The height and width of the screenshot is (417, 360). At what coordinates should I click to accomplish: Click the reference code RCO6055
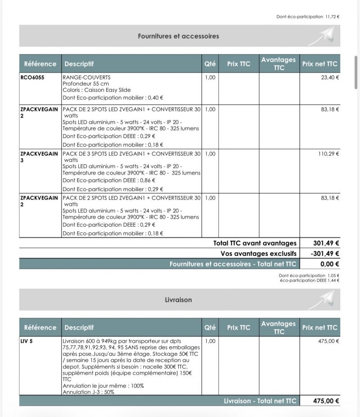pyautogui.click(x=32, y=77)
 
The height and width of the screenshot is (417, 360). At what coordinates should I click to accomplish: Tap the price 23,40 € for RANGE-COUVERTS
pyautogui.click(x=330, y=77)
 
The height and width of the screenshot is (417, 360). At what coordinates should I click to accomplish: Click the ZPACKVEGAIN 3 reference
pyautogui.click(x=39, y=157)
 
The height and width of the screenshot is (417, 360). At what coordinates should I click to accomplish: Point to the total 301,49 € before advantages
pyautogui.click(x=326, y=243)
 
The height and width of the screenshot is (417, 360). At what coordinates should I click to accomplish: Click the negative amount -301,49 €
pyautogui.click(x=325, y=254)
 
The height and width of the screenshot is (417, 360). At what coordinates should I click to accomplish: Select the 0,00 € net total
pyautogui.click(x=329, y=264)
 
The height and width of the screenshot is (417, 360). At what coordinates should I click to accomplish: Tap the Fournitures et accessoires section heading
pyautogui.click(x=178, y=36)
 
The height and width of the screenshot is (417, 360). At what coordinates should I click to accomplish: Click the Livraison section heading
pyautogui.click(x=178, y=300)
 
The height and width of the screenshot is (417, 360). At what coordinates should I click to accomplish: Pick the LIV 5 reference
pyautogui.click(x=27, y=341)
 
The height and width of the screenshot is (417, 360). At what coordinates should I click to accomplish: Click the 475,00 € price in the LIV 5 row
pyautogui.click(x=328, y=341)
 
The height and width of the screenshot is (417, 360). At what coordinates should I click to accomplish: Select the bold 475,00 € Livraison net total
pyautogui.click(x=326, y=401)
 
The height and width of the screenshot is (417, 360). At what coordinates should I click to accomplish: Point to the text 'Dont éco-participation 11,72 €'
pyautogui.click(x=308, y=17)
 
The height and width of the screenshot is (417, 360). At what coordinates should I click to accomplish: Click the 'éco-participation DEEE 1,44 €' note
pyautogui.click(x=309, y=280)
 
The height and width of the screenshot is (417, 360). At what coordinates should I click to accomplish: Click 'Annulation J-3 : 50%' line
pyautogui.click(x=88, y=392)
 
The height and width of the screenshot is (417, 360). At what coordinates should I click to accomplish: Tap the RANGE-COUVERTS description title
pyautogui.click(x=86, y=77)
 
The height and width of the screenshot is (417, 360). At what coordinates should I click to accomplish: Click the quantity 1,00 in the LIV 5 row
pyautogui.click(x=210, y=341)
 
